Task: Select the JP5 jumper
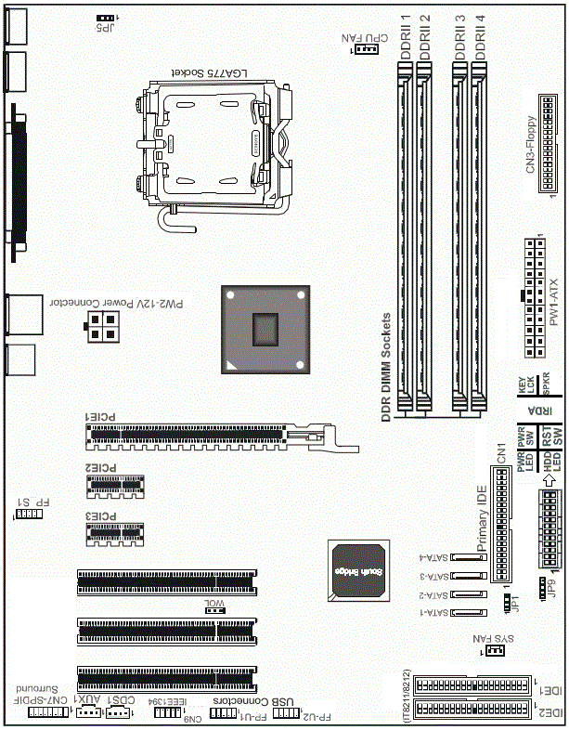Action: tap(106, 19)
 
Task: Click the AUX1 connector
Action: tap(87, 712)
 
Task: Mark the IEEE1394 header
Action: tap(168, 712)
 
